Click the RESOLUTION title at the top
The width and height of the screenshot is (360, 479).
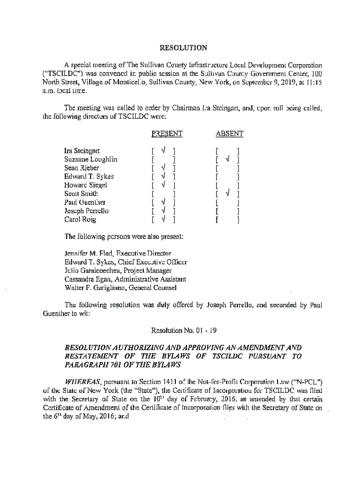click(x=180, y=48)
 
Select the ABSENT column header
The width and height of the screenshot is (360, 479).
click(x=230, y=134)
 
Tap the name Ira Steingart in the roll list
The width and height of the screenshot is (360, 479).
click(x=82, y=152)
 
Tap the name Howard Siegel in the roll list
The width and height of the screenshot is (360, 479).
click(x=86, y=185)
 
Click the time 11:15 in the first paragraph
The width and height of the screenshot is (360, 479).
click(x=315, y=81)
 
